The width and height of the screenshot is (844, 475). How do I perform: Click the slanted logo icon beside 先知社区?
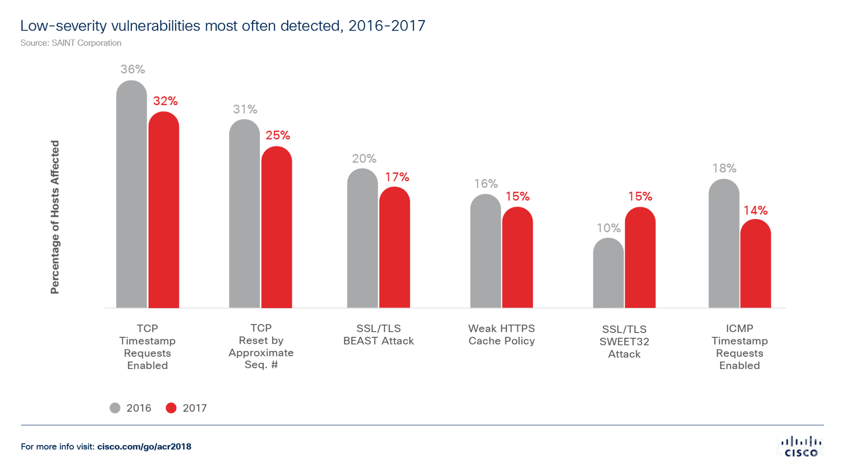click(677, 451)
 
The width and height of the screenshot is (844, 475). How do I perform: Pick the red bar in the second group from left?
click(290, 222)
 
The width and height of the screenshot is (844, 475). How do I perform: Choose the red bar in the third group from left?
click(409, 227)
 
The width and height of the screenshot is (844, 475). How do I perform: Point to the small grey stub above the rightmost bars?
click(724, 175)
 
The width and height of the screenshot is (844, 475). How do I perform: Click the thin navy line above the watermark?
click(580, 424)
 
